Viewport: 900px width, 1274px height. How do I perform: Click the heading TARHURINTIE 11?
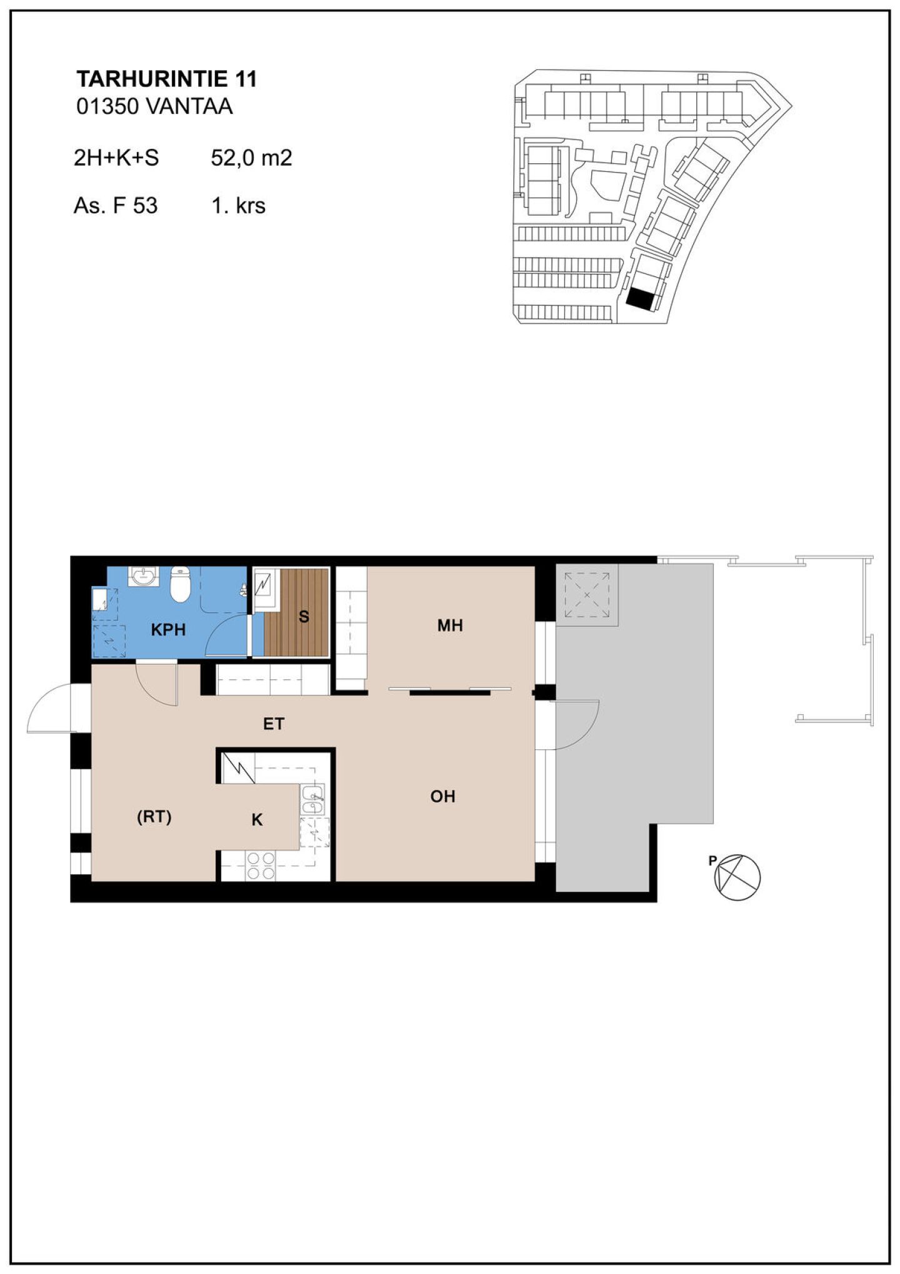[x=166, y=79]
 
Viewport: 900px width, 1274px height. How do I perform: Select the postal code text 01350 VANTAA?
[x=154, y=106]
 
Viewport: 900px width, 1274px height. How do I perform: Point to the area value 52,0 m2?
[x=251, y=158]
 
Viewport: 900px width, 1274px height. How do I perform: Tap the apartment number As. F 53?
[x=116, y=205]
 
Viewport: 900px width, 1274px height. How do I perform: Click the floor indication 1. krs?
[x=238, y=205]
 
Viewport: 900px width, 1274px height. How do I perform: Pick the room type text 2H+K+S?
[x=116, y=158]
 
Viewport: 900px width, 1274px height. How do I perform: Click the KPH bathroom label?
[x=168, y=630]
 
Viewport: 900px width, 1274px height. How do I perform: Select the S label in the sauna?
[x=304, y=617]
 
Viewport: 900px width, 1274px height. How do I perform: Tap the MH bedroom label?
[x=450, y=625]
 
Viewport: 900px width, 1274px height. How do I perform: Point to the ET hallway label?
[x=274, y=724]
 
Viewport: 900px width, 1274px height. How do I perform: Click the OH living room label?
[x=442, y=796]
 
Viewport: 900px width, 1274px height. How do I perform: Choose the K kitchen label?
[x=257, y=820]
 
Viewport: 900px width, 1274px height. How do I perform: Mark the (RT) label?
[x=154, y=817]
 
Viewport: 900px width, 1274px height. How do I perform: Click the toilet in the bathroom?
[x=180, y=584]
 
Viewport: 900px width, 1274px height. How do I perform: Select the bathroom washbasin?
[x=144, y=575]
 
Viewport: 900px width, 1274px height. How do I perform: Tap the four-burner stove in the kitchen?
[x=261, y=866]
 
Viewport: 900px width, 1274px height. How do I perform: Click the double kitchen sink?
[x=313, y=800]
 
